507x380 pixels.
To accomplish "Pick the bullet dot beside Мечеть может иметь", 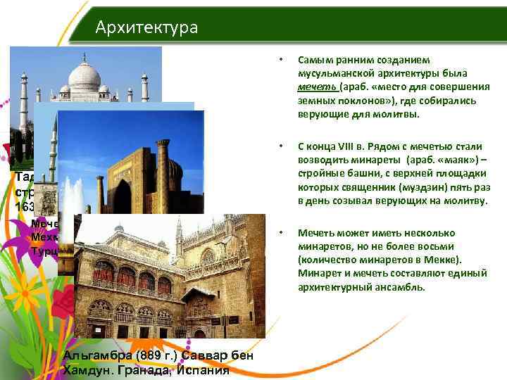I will [x=282, y=232].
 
